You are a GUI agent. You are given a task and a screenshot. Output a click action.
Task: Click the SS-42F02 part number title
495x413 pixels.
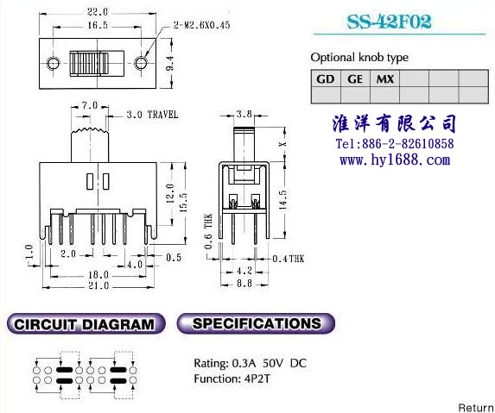[x=389, y=22]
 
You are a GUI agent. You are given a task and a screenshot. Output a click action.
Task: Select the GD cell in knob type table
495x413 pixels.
[x=326, y=78]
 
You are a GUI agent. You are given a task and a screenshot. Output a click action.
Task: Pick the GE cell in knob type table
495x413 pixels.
[x=355, y=78]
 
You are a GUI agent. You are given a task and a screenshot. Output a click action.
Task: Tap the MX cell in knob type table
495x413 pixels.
[x=384, y=78]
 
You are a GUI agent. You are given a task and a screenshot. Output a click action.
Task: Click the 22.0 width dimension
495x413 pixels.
[x=98, y=12]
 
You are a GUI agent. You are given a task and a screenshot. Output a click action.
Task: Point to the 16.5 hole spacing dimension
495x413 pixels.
[x=98, y=25]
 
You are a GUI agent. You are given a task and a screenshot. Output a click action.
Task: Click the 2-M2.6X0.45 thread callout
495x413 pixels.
[x=202, y=25]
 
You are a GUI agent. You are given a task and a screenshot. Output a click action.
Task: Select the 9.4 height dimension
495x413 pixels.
[x=170, y=63]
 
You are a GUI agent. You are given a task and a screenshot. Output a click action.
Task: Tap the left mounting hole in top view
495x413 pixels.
[x=54, y=63]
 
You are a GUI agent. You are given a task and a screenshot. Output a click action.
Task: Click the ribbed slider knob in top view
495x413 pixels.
[x=89, y=63]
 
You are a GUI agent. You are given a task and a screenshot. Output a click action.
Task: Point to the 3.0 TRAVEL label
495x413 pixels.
[x=152, y=115]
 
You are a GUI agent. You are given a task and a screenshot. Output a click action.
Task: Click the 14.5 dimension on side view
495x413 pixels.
[x=283, y=200]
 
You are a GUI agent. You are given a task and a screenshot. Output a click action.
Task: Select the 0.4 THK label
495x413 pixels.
[x=289, y=259]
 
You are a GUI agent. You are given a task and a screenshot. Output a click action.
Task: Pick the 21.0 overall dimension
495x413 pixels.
[x=98, y=285]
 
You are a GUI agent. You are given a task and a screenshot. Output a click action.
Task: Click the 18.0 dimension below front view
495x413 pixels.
[x=98, y=275]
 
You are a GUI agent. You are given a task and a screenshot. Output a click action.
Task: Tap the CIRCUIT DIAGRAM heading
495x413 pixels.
[x=86, y=323]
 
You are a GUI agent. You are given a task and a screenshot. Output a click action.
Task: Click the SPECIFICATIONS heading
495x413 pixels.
[x=256, y=323]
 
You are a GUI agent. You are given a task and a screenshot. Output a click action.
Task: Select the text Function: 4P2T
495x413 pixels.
[x=232, y=379]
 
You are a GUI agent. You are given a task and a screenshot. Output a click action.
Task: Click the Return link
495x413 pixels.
[x=476, y=407]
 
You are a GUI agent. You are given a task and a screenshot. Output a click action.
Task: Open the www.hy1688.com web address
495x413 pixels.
[x=395, y=160]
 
